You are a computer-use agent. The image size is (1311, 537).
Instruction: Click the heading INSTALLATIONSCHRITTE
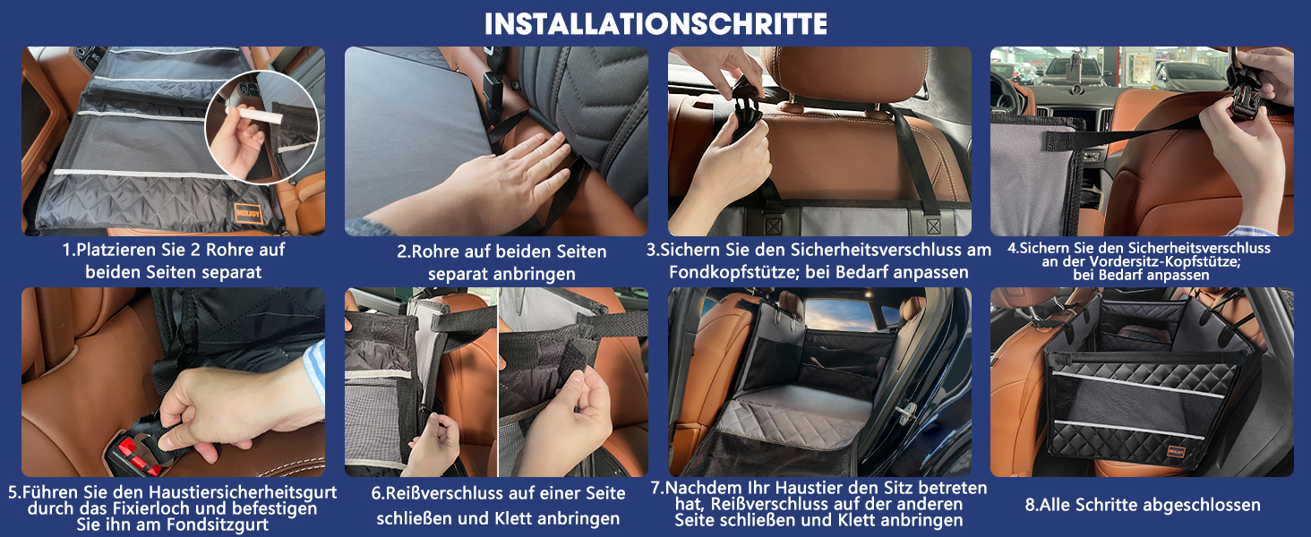coord(655,24)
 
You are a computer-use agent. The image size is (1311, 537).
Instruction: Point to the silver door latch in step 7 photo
coord(906,413)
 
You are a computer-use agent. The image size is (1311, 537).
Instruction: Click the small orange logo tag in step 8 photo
coord(1177,451)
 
